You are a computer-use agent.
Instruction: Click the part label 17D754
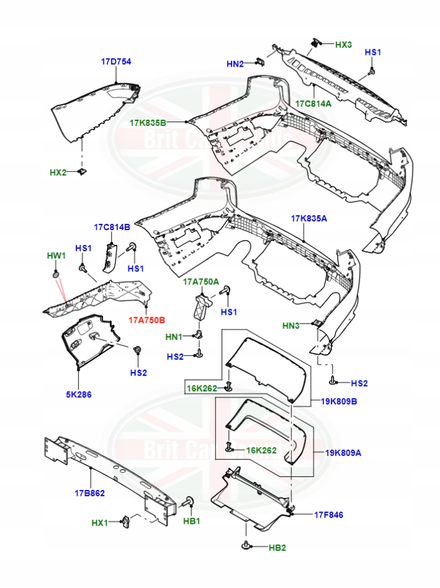(116, 62)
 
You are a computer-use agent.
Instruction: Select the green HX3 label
(343, 45)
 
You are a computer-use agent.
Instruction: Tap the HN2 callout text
(235, 63)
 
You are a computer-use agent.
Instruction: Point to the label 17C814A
(313, 103)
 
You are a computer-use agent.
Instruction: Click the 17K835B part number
(147, 123)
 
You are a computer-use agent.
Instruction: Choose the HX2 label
(58, 172)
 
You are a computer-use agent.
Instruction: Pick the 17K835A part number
(309, 218)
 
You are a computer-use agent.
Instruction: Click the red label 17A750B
(146, 320)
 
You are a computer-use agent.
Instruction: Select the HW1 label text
(56, 255)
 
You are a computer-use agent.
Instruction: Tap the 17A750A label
(201, 281)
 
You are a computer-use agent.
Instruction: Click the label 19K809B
(338, 401)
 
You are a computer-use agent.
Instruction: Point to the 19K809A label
(344, 452)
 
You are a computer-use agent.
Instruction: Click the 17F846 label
(328, 515)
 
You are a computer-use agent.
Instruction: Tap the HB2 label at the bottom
(278, 547)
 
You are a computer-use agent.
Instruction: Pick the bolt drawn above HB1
(188, 502)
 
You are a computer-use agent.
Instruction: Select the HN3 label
(291, 325)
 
